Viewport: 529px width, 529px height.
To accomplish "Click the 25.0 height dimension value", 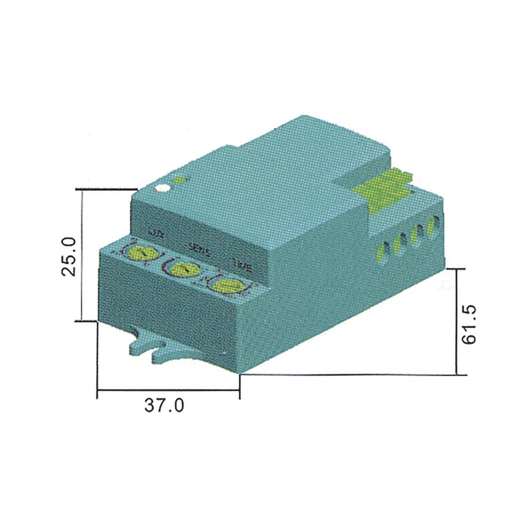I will click(69, 256).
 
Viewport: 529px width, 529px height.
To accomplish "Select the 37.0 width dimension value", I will click(163, 405).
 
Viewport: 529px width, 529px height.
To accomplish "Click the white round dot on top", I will click(162, 188).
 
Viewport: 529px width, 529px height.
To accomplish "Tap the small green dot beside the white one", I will click(180, 180).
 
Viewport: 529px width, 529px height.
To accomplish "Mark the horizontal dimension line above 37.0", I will click(168, 389).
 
